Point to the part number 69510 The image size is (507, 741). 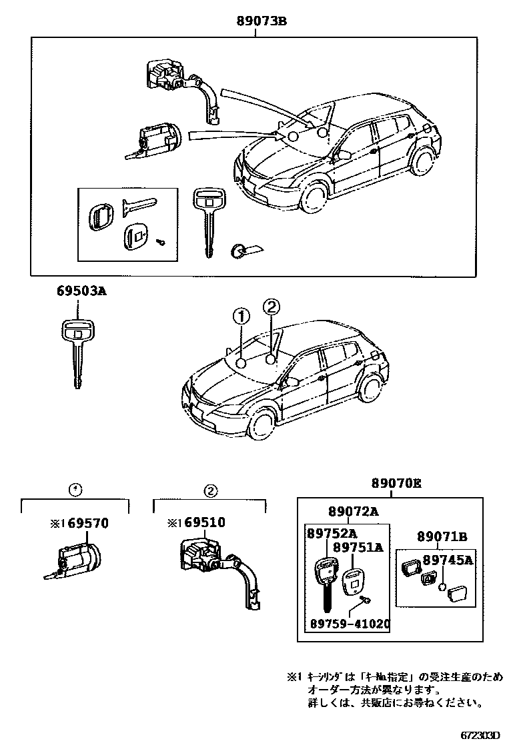[205, 523]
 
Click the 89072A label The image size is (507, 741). [353, 511]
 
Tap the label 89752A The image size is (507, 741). [332, 534]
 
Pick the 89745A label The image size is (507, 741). [447, 560]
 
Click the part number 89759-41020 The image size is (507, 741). [350, 624]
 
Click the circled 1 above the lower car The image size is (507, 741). [241, 315]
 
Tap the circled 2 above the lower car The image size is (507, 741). [271, 307]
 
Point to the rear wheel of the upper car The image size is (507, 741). [422, 163]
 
